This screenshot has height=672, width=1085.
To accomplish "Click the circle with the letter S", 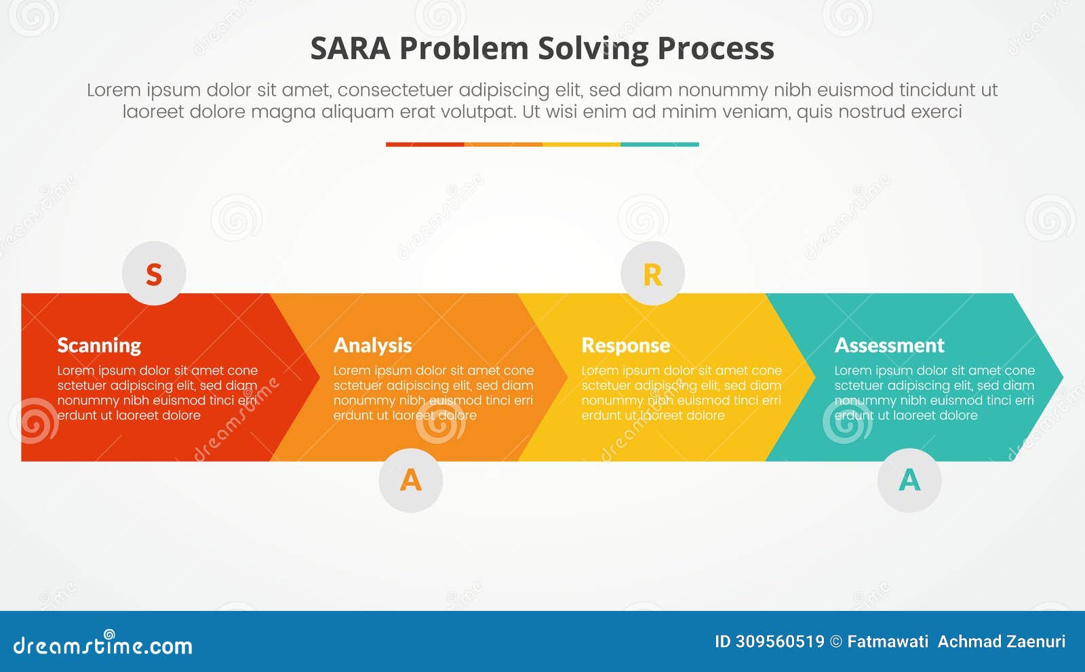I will pos(154,274).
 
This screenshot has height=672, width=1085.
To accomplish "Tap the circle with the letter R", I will pos(652,274).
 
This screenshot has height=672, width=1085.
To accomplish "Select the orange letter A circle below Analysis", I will pos(411,480).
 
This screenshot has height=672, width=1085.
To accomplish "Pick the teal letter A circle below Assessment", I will pos(909,480).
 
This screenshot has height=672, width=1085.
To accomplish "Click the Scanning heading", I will pos(99,346).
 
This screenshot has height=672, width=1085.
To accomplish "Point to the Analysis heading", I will pos(372,346).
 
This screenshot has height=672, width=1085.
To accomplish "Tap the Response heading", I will pos(625,346).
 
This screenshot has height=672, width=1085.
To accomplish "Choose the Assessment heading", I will pos(889,346).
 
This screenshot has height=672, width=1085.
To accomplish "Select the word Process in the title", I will pos(715,49).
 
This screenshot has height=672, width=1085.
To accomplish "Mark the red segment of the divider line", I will pos(425,145).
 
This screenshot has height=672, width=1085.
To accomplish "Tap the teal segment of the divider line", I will pos(659,145).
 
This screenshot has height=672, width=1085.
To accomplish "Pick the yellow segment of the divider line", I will pos(581,145).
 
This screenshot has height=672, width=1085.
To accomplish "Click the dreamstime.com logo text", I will pos(103,645).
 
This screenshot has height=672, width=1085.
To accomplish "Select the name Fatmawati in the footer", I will pos(888,641).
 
